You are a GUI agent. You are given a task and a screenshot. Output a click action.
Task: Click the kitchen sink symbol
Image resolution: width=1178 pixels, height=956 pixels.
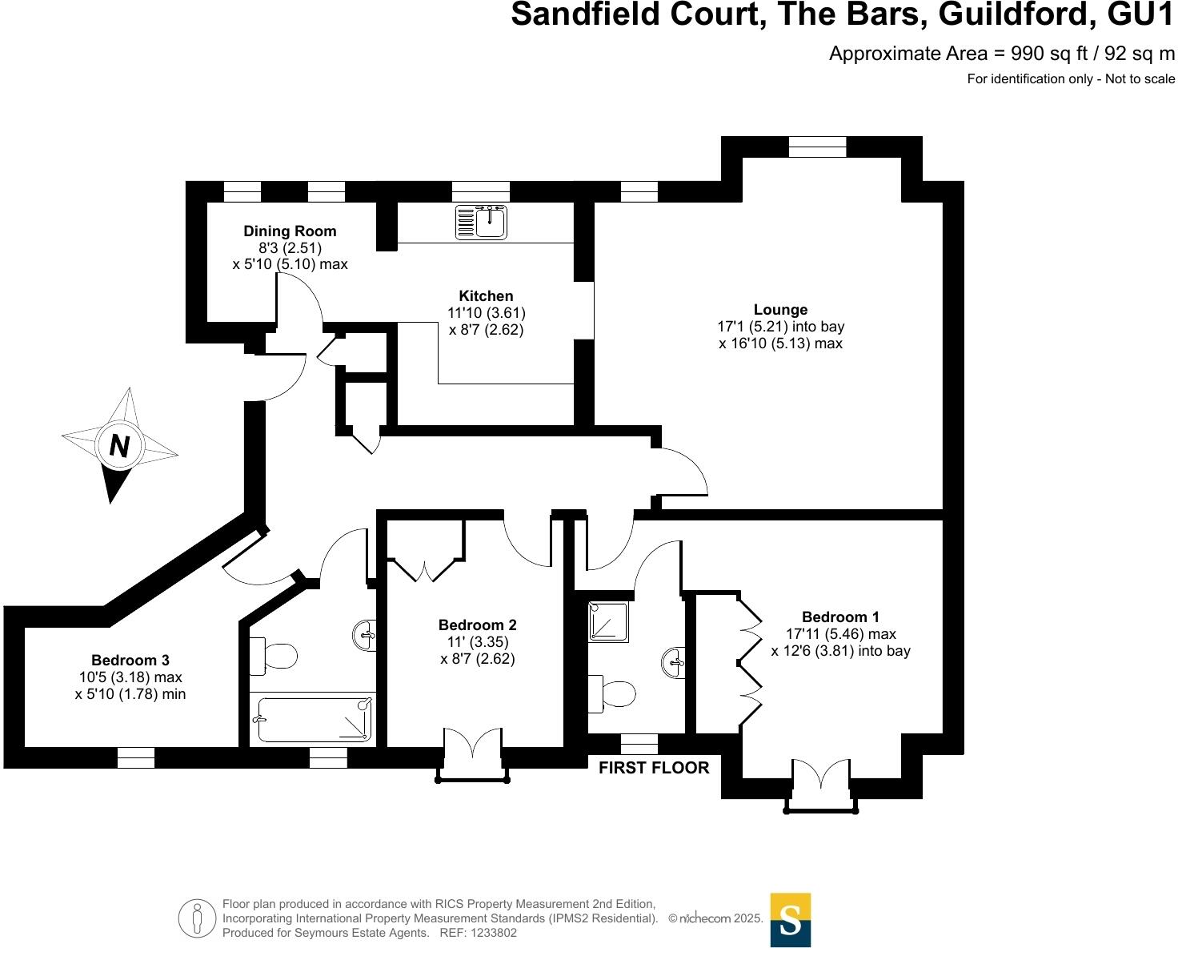[x=481, y=223]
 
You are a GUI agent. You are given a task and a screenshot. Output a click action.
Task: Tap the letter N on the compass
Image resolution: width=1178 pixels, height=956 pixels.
[x=119, y=445]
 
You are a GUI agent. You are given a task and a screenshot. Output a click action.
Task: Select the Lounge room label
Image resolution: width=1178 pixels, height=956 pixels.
[x=780, y=309]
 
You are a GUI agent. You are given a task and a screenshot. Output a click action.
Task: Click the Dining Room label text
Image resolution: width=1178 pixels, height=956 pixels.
[x=290, y=231]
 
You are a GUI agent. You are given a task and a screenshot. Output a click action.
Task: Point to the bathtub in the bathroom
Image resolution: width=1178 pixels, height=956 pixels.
[x=312, y=719]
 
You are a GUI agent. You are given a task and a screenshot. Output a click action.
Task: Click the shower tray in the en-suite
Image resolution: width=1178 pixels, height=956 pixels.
[x=608, y=621]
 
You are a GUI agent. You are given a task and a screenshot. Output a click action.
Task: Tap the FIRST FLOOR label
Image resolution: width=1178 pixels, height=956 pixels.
[x=654, y=768]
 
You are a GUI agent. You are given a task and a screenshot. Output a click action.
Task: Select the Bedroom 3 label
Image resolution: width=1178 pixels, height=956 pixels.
[x=130, y=660]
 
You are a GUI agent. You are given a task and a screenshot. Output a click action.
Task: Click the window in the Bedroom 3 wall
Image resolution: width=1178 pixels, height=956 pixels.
[x=136, y=758]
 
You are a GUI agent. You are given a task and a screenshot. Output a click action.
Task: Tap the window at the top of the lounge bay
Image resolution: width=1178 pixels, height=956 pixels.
[x=817, y=147]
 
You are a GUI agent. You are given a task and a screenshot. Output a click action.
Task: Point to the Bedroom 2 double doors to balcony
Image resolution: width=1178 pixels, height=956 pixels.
[x=473, y=743]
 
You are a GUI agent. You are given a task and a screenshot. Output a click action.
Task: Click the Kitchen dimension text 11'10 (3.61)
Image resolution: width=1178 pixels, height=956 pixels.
[x=486, y=312]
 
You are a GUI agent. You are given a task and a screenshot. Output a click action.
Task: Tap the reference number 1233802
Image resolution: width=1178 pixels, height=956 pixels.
[x=493, y=933]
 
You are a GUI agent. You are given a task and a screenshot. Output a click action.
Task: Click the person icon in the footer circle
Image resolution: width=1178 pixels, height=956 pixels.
[x=197, y=918]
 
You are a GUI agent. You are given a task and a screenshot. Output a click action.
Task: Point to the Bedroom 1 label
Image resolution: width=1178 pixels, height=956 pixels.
[x=840, y=617]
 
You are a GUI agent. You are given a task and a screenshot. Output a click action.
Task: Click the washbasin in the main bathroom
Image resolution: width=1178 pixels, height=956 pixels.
[x=365, y=636]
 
